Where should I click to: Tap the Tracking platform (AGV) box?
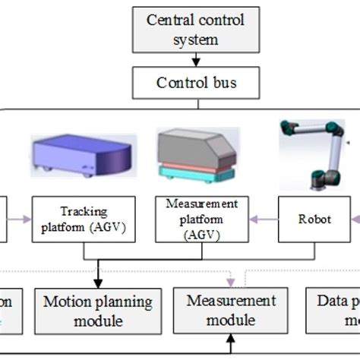point(84,219)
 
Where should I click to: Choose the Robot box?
point(314,219)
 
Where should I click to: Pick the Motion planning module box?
point(98,311)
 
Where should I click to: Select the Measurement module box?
point(231,311)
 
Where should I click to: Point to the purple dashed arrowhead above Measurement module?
point(231,283)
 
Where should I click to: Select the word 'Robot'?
point(314,219)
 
